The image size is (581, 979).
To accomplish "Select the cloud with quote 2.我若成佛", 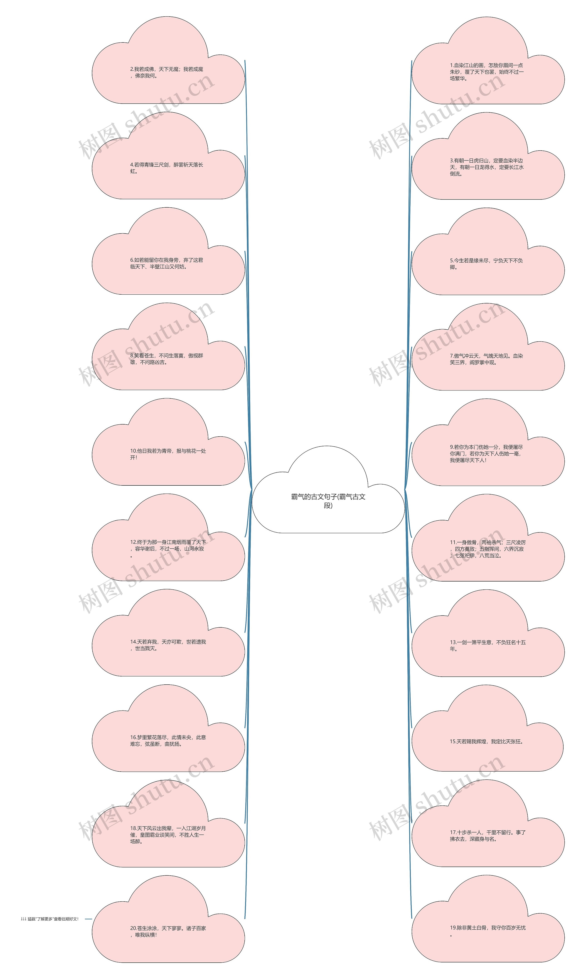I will [x=168, y=72].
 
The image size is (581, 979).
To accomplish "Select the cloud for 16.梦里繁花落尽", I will [x=168, y=740].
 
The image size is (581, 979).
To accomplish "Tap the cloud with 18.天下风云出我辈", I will [x=168, y=836].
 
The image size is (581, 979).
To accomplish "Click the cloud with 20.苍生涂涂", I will [x=168, y=931].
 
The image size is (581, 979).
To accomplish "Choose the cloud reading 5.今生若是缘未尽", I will [x=488, y=264].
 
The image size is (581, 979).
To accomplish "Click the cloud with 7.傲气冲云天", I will [x=488, y=359].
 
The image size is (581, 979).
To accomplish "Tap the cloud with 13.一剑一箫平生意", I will [x=488, y=645].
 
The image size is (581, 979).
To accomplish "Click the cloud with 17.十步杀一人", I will [x=488, y=836].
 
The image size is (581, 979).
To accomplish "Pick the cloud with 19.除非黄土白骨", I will [x=488, y=931].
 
